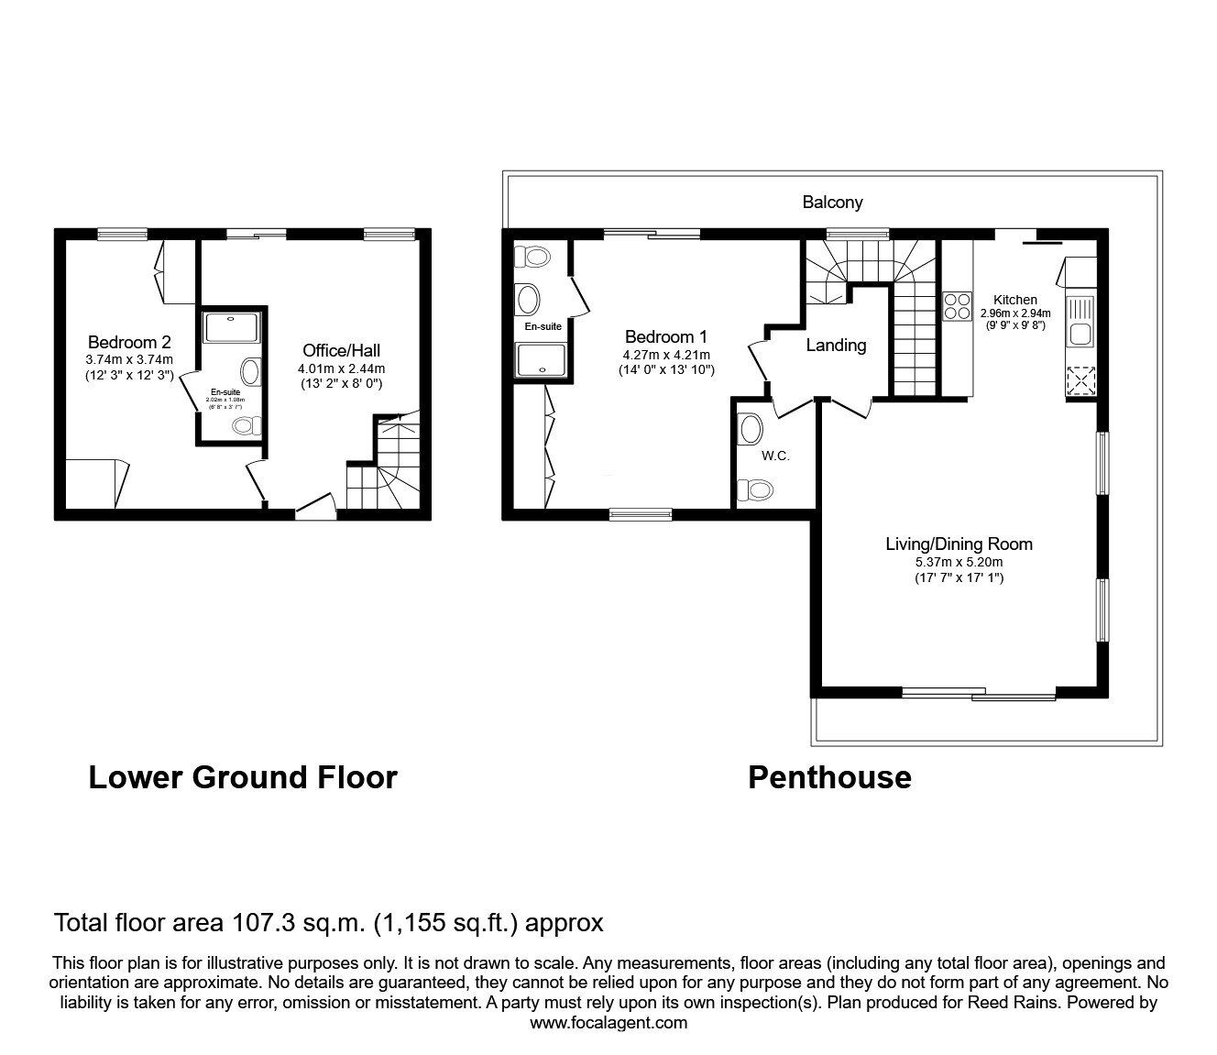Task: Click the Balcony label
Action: point(832,202)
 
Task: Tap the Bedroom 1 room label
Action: point(665,336)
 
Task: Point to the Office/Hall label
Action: point(341,350)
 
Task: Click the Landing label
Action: point(836,346)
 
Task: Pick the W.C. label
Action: point(774,456)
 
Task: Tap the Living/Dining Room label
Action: point(959,544)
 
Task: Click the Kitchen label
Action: point(1015,300)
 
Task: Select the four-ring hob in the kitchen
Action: point(958,305)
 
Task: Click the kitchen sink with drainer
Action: point(1080,321)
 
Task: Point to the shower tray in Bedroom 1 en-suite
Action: point(543,359)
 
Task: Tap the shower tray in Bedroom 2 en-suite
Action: point(232,327)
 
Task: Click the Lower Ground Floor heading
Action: point(242,777)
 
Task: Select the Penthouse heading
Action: point(829,777)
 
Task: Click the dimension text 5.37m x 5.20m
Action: point(959,562)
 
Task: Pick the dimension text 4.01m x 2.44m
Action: point(341,368)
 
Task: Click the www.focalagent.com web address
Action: point(608,1023)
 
